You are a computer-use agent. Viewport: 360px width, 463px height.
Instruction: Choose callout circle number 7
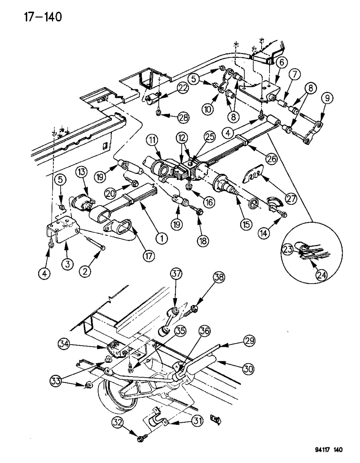tap(294, 75)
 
